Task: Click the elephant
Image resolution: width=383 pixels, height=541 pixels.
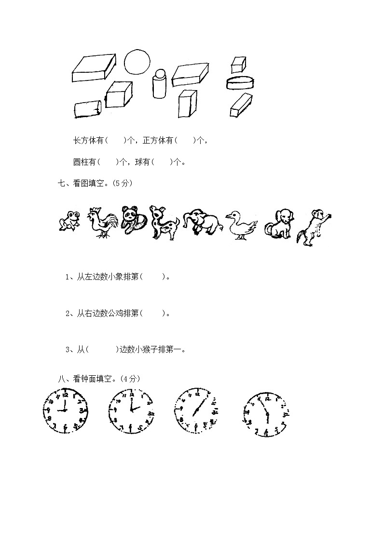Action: point(201,222)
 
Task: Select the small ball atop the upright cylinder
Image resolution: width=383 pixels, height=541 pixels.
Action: point(160,74)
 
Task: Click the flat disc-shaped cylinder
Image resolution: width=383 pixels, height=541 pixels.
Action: point(239,82)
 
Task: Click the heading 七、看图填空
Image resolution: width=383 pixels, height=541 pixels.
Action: point(94,184)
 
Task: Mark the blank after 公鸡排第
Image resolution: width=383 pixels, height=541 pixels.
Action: point(153,314)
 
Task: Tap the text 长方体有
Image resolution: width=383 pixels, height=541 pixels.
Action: point(89,141)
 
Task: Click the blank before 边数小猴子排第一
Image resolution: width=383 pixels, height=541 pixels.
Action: point(103,350)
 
